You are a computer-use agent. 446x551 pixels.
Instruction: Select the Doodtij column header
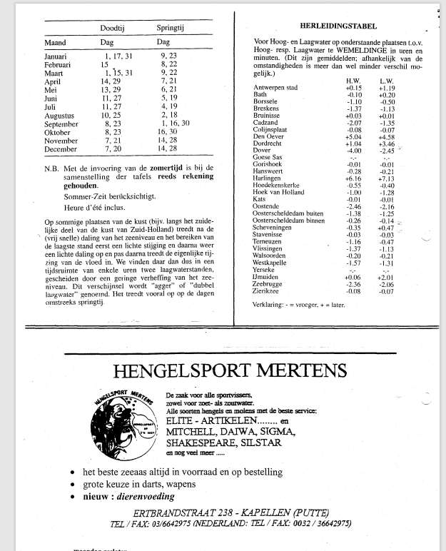tap(115, 28)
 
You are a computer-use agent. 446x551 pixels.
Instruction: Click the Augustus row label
tap(60, 113)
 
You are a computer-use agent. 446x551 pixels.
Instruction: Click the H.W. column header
tap(353, 81)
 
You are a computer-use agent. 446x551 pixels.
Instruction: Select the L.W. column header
tap(387, 81)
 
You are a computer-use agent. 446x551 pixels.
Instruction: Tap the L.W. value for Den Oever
tap(387, 136)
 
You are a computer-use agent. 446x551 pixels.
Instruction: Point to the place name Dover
tap(262, 150)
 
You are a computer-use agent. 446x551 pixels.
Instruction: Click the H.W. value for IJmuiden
tap(353, 277)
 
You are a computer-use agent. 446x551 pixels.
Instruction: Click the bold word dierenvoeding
tap(142, 497)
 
